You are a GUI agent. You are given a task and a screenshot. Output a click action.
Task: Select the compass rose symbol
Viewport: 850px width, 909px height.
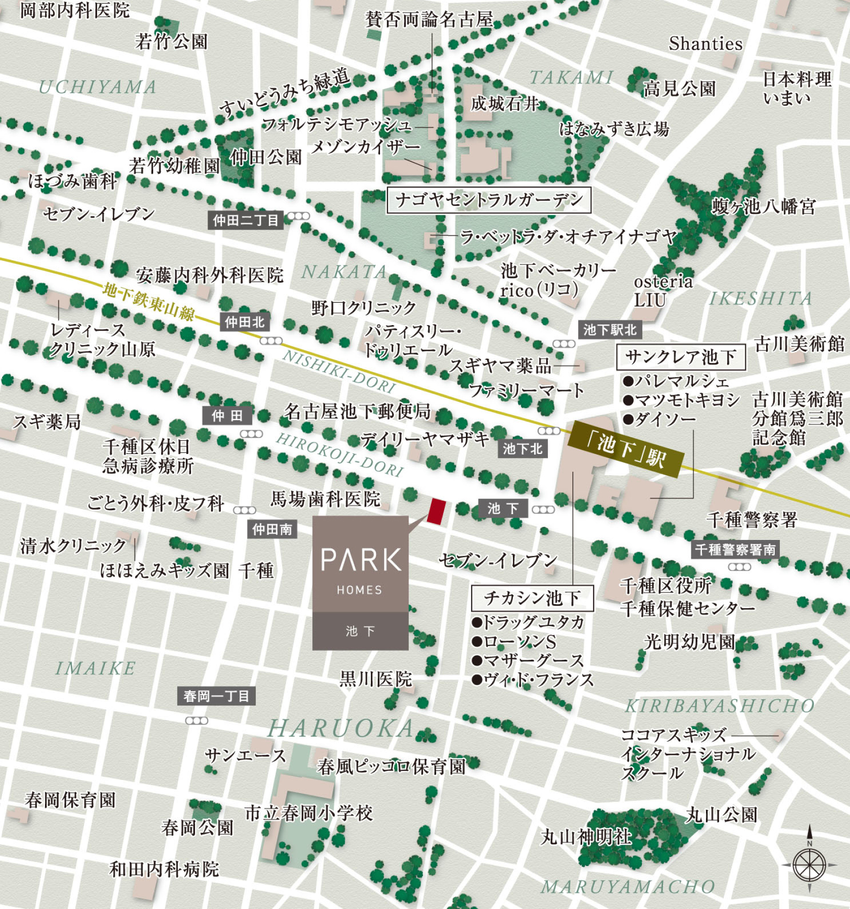(x=809, y=865)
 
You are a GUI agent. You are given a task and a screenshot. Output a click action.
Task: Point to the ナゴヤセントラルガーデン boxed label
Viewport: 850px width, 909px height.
(x=489, y=200)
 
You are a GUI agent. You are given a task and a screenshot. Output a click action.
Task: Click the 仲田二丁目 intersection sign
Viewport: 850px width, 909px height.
(x=245, y=220)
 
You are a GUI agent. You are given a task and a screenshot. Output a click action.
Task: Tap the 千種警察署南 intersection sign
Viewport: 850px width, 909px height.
(x=735, y=550)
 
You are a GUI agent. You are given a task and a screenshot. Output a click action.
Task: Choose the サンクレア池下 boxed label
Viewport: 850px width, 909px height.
(x=681, y=357)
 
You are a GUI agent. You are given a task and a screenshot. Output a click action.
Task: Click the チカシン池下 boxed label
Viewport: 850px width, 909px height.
(x=532, y=598)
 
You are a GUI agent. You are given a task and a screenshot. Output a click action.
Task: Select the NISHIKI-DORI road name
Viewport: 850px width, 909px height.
(x=339, y=372)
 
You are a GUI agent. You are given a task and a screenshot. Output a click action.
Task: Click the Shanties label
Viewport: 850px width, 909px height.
(x=705, y=44)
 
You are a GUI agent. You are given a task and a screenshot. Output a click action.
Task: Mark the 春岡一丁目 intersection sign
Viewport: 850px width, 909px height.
(x=216, y=696)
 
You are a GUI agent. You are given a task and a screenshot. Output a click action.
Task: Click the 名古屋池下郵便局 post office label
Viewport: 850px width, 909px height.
(x=357, y=412)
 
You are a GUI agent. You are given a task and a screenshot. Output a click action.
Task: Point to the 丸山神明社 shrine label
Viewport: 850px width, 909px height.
(x=586, y=837)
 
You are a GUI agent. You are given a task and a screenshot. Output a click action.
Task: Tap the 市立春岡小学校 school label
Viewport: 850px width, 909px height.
(x=309, y=813)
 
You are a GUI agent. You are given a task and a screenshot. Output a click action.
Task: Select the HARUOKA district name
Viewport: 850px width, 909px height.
(x=342, y=729)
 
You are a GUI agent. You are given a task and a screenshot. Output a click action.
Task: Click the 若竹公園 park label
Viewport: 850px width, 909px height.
(x=171, y=41)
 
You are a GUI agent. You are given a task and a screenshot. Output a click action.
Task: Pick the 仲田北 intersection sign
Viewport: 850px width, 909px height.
(x=245, y=322)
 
